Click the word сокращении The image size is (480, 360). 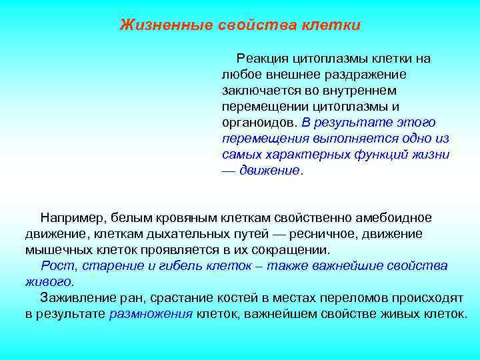pos(291,250)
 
